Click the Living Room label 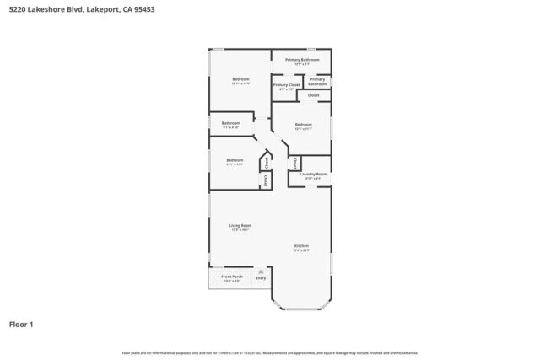pyautogui.click(x=240, y=225)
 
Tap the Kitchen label pyautogui.click(x=301, y=245)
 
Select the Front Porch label pyautogui.click(x=231, y=277)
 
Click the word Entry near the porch pyautogui.click(x=261, y=278)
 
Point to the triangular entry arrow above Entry pyautogui.click(x=261, y=271)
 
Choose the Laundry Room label pyautogui.click(x=313, y=174)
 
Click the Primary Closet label pyautogui.click(x=286, y=85)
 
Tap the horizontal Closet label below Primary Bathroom pyautogui.click(x=313, y=95)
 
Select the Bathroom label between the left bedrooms pyautogui.click(x=231, y=123)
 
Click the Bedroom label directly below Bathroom pyautogui.click(x=235, y=159)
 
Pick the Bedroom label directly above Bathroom pyautogui.click(x=240, y=79)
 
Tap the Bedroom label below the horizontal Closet pyautogui.click(x=304, y=125)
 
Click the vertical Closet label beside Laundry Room pyautogui.click(x=295, y=162)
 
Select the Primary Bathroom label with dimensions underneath pyautogui.click(x=300, y=60)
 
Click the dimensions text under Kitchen pyautogui.click(x=301, y=250)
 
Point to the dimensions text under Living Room pyautogui.click(x=240, y=230)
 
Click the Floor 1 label pyautogui.click(x=21, y=324)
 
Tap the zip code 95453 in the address pyautogui.click(x=142, y=9)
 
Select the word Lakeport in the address pyautogui.click(x=100, y=9)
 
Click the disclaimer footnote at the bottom pyautogui.click(x=270, y=352)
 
